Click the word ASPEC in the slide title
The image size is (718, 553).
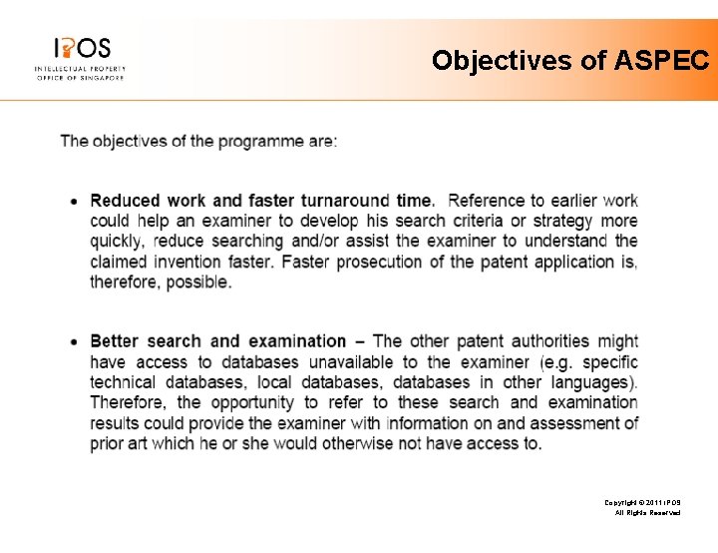(662, 61)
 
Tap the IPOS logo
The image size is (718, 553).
(80, 58)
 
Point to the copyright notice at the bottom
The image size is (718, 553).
(642, 508)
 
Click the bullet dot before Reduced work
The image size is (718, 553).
(75, 202)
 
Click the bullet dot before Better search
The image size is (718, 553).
(75, 341)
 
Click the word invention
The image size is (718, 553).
(243, 262)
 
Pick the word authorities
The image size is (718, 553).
(550, 341)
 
